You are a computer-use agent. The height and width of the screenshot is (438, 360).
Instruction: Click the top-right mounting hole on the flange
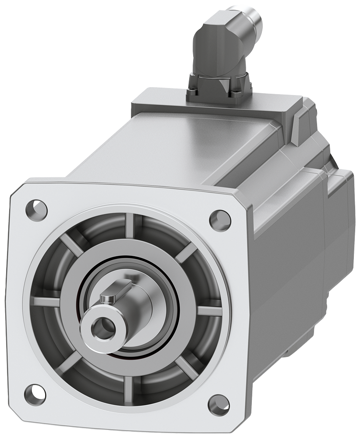click(220, 220)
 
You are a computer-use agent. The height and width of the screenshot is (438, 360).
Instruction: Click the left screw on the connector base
click(193, 92)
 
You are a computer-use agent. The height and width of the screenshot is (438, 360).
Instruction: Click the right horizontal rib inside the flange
click(210, 311)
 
